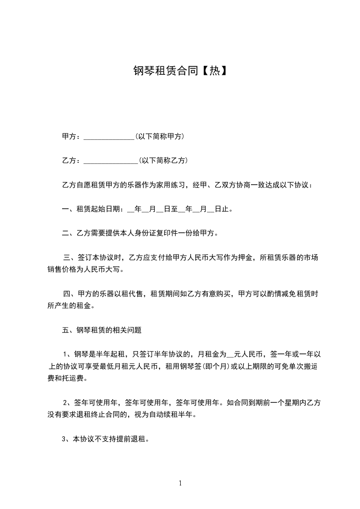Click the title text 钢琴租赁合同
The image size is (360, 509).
pos(166,70)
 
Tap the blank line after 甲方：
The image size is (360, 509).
pos(109,137)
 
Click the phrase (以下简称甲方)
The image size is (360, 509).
pos(159,136)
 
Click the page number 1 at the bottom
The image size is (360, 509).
pos(180,483)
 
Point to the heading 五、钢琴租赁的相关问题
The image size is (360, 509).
pos(102,331)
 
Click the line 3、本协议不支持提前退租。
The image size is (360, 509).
pos(106,439)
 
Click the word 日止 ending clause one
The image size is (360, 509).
pos(222,209)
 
